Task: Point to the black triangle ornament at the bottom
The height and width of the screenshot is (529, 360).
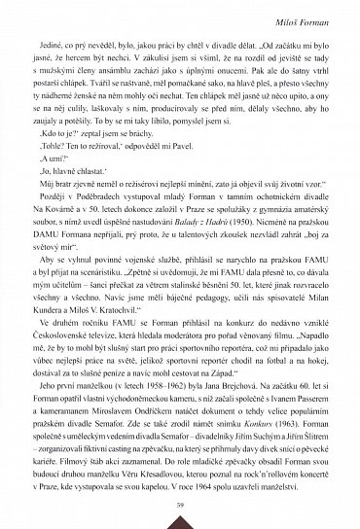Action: point(181,521)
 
